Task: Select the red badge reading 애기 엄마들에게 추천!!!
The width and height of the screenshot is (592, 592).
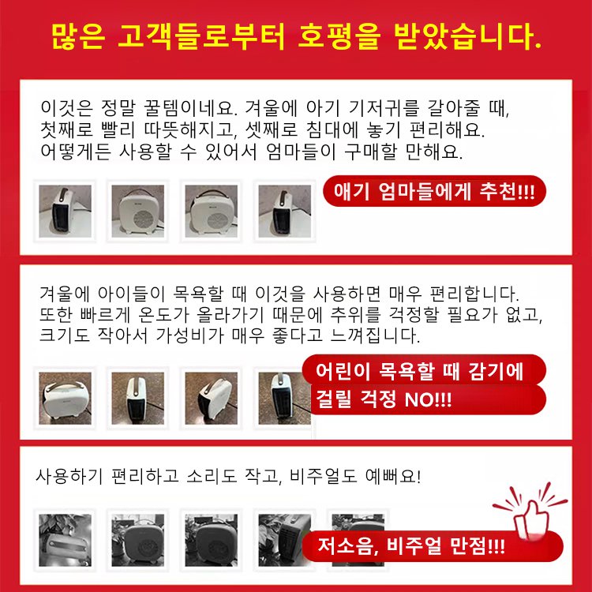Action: coord(435,192)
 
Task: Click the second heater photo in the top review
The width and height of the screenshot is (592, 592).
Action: coord(138,211)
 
